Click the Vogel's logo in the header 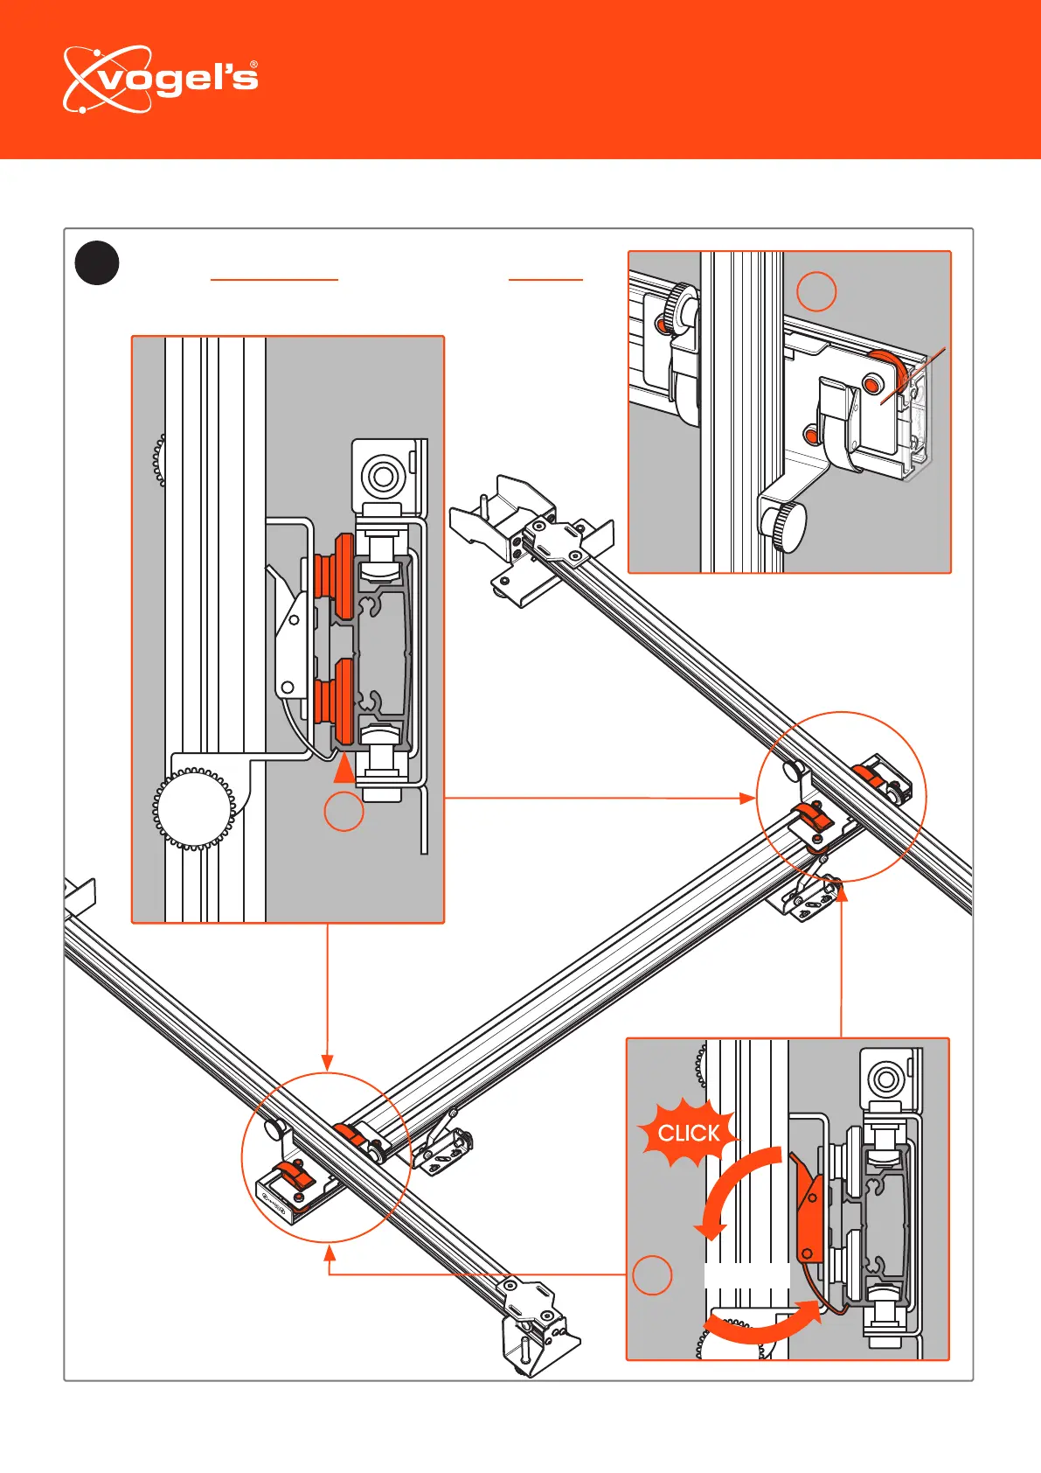pos(161,80)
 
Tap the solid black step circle pos(97,262)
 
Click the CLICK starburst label pos(688,1134)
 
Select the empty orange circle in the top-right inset pos(816,291)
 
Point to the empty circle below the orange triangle pos(344,812)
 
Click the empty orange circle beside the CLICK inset pos(652,1274)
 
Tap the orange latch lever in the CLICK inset pos(810,1207)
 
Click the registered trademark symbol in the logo pos(253,65)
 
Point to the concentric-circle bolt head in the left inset pos(382,477)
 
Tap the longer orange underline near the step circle pos(274,279)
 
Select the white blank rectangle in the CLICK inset pos(746,1287)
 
